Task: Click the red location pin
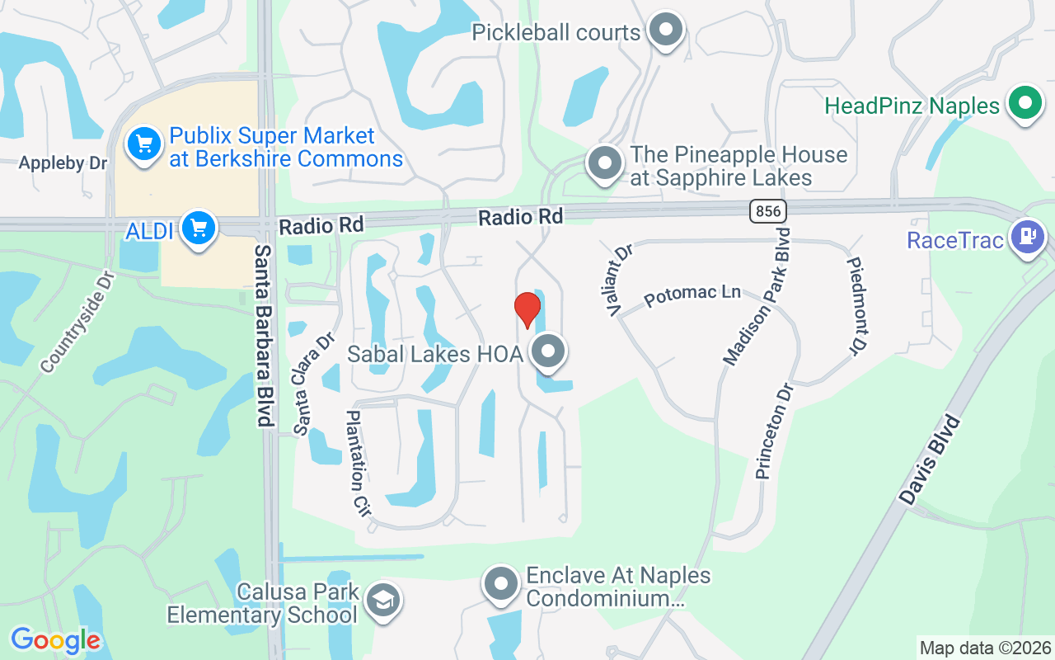tap(527, 309)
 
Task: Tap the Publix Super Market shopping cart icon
tap(144, 145)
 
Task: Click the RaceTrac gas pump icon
tap(1027, 237)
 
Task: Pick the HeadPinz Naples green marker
tap(1025, 104)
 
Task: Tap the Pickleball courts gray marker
tap(665, 31)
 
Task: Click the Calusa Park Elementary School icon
tap(382, 601)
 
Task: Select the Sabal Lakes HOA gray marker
tap(546, 352)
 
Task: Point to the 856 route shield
tap(767, 211)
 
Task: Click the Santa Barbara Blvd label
tap(264, 335)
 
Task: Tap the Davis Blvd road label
tap(931, 460)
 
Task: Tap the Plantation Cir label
tap(359, 461)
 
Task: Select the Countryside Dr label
tap(78, 322)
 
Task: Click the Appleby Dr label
tap(63, 163)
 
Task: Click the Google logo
tap(55, 639)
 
